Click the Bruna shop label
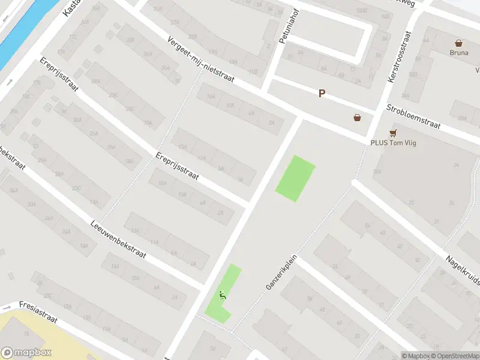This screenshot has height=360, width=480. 458,52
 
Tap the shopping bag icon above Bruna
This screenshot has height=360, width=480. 459,43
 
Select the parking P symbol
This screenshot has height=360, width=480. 322,94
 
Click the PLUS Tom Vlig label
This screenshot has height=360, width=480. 394,143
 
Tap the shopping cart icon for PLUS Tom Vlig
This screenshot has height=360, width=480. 394,133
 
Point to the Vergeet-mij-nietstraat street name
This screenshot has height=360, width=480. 200,61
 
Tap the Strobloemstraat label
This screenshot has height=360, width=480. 413,116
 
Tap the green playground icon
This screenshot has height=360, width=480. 223,295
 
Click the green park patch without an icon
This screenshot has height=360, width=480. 295,178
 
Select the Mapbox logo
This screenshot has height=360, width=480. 26,353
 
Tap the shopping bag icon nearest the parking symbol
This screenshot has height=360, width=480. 358,118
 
